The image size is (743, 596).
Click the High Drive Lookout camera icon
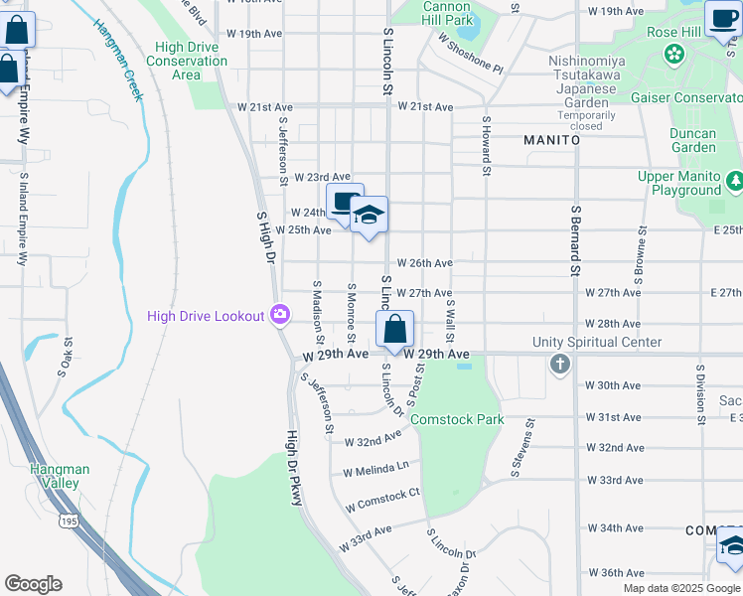[280, 315]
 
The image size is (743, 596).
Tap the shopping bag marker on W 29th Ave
[394, 330]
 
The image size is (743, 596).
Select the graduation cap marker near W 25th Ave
[368, 216]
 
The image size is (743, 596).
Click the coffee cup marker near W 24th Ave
[345, 203]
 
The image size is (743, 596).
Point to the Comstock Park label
[457, 419]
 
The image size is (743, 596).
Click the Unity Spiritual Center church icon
[559, 364]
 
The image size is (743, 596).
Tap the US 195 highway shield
[68, 521]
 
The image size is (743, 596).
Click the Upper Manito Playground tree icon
[734, 181]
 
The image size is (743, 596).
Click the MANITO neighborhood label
[552, 140]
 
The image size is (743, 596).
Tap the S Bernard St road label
[575, 239]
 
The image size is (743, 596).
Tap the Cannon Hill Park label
[447, 13]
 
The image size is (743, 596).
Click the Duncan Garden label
[693, 140]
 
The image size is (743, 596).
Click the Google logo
[33, 584]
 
